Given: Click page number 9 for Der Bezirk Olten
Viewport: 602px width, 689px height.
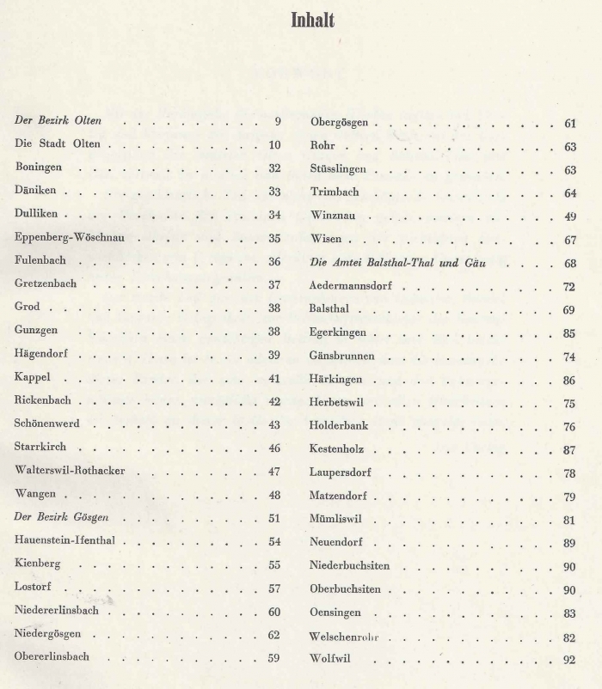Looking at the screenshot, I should pos(278,121).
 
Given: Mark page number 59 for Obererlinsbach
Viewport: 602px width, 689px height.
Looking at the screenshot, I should pos(274,659).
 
